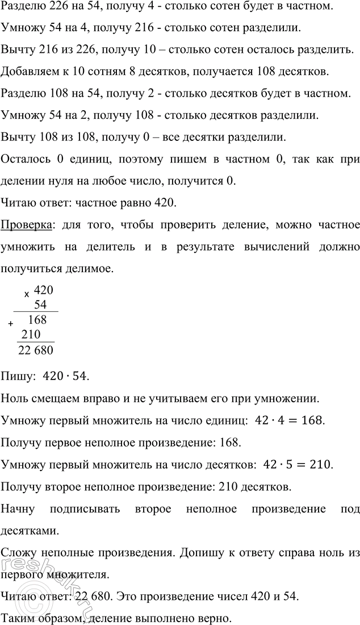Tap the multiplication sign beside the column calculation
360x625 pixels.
click(x=26, y=295)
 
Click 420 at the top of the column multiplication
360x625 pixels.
click(x=44, y=290)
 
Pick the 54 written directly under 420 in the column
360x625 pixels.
click(x=40, y=305)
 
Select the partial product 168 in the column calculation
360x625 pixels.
click(x=37, y=320)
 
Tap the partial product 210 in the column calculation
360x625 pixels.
click(x=30, y=335)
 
